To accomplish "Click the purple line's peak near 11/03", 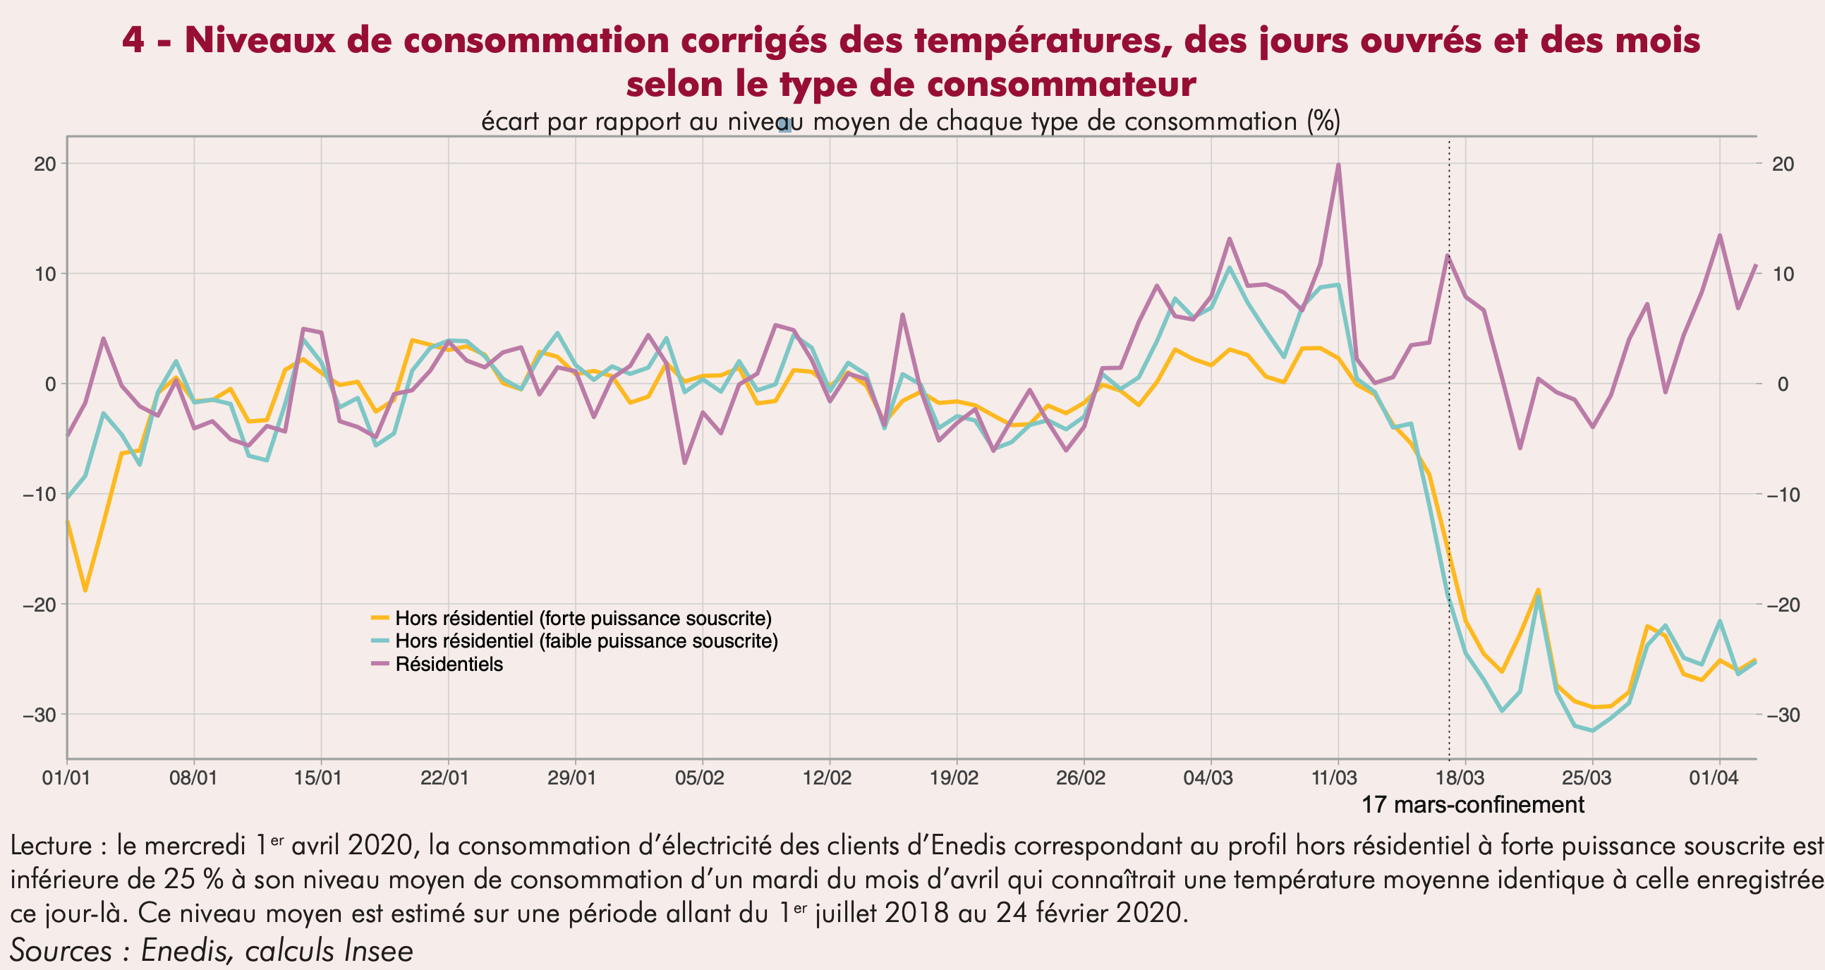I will click(x=1338, y=165).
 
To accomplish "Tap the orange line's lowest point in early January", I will click(x=85, y=590).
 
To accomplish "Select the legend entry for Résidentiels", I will click(x=449, y=665).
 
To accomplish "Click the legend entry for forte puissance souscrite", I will click(x=583, y=619).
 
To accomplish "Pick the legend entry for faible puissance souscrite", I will click(x=586, y=641).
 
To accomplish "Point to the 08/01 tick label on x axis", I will click(x=193, y=778).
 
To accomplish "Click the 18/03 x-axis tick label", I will click(x=1460, y=778).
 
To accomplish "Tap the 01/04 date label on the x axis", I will click(x=1713, y=778).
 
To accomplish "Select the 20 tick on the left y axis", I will click(x=44, y=164).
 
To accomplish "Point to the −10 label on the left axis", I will click(x=40, y=494).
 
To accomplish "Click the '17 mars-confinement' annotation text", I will click(x=1472, y=805).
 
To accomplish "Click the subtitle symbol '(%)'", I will click(x=1323, y=121).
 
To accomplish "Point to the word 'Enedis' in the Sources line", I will click(x=186, y=950).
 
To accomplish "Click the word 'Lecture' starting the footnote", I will click(x=51, y=846).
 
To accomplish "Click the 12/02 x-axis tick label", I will click(x=827, y=778).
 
